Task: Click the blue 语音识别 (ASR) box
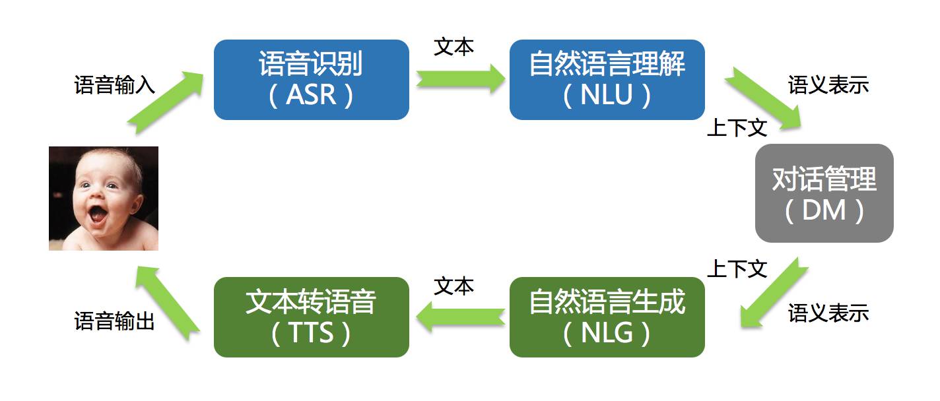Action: coord(311,80)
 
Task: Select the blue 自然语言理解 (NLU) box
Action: coord(607,80)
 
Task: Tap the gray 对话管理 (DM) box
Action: coord(824,193)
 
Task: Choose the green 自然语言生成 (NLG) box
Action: coord(607,317)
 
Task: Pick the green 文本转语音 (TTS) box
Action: coord(311,317)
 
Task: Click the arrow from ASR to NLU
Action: coord(459,80)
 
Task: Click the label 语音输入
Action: coord(115,86)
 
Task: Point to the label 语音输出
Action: coord(115,321)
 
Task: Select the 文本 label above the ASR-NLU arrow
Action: coord(453,47)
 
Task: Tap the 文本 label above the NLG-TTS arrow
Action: coord(453,286)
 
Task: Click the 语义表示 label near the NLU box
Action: coord(828,85)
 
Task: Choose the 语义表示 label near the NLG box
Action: coord(828,313)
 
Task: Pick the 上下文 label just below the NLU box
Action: coord(737,128)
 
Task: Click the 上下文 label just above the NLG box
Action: coord(737,268)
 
